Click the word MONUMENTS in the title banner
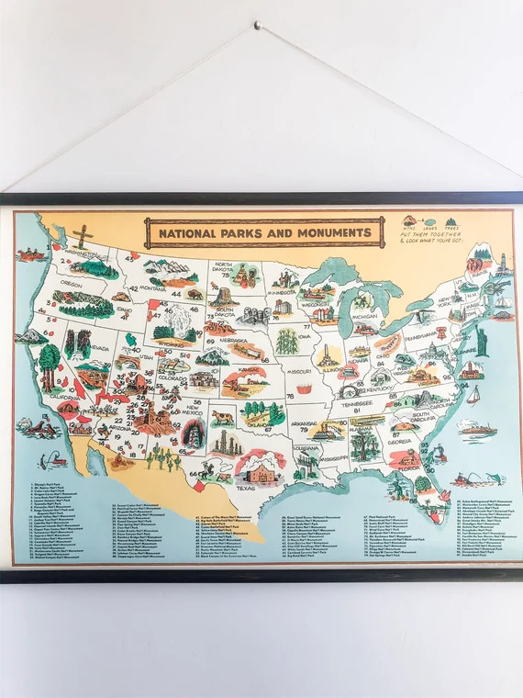(x=322, y=233)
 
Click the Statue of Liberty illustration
(x=478, y=340)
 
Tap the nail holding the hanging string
(x=258, y=26)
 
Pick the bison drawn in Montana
(x=194, y=295)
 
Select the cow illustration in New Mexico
(x=223, y=418)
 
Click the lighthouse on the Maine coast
(x=502, y=264)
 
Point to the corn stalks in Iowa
(x=287, y=341)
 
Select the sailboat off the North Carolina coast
(x=473, y=395)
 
